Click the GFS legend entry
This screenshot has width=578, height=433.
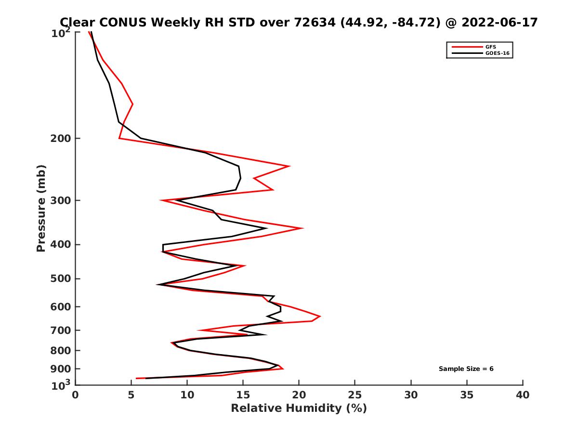pyautogui.click(x=491, y=47)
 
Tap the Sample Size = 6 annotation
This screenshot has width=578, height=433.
pyautogui.click(x=466, y=369)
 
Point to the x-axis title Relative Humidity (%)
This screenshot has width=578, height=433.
pyautogui.click(x=299, y=408)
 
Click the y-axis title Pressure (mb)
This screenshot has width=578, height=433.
pyautogui.click(x=41, y=208)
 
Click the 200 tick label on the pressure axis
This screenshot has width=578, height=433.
pyautogui.click(x=62, y=139)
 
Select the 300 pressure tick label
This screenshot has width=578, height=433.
pyautogui.click(x=62, y=200)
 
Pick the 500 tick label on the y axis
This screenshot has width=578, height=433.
pyautogui.click(x=62, y=279)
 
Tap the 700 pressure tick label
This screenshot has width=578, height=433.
pyautogui.click(x=62, y=330)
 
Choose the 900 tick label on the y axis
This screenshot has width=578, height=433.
pyautogui.click(x=62, y=369)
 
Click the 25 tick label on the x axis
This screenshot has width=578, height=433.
pyautogui.click(x=355, y=395)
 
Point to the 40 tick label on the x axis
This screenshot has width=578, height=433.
pyautogui.click(x=523, y=395)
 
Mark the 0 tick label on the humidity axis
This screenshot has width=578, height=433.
pyautogui.click(x=76, y=395)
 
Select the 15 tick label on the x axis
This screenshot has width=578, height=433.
pyautogui.click(x=243, y=395)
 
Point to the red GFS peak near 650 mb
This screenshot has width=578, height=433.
pyautogui.click(x=320, y=317)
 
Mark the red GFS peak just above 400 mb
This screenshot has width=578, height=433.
pyautogui.click(x=302, y=228)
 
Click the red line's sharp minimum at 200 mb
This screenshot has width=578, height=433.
pyautogui.click(x=119, y=139)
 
